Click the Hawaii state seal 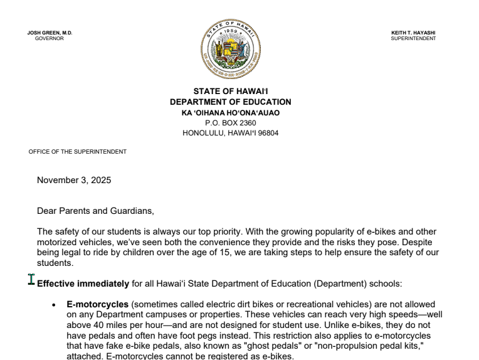pos(230,48)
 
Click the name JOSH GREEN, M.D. pos(50,33)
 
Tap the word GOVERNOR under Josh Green pos(50,38)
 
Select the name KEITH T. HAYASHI pos(413,33)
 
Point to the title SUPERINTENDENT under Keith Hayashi pos(413,38)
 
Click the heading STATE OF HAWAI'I pos(230,92)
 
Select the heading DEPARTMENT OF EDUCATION pos(230,102)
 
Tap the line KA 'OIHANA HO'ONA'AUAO pos(230,113)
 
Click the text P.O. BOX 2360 pos(230,123)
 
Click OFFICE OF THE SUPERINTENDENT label pos(78,152)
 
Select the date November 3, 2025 pos(74,181)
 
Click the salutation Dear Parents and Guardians pos(95,211)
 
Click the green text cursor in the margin pos(31,279)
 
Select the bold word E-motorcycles pos(97,304)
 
